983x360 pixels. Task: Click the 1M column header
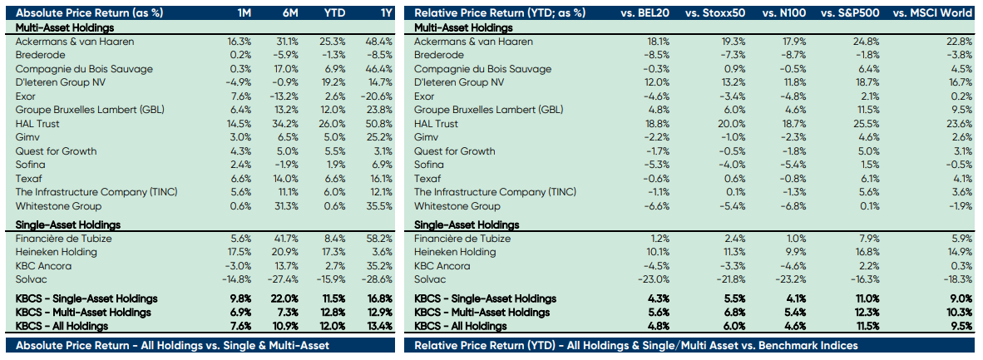tap(243, 13)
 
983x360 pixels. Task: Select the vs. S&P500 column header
tap(845, 13)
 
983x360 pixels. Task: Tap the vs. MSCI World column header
tap(932, 13)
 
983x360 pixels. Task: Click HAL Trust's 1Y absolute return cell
tap(379, 124)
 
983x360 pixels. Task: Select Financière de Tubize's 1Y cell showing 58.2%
tap(379, 239)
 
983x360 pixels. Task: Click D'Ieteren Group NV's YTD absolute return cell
tap(333, 82)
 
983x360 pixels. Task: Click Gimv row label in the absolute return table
tap(28, 137)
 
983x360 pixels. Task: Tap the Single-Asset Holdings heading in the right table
tap(467, 224)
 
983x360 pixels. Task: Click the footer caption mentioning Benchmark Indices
tap(636, 345)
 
